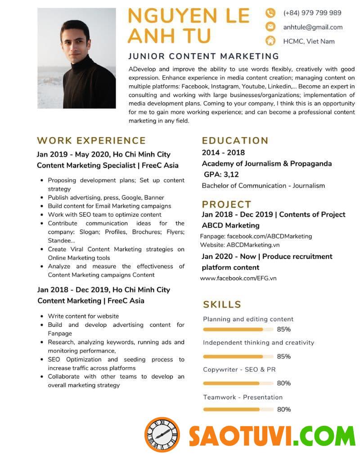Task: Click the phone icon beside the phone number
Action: point(270,13)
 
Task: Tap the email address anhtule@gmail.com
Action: point(313,27)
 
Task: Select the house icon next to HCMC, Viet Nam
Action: point(270,41)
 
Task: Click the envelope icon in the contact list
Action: point(270,27)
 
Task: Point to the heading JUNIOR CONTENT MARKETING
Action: point(203,56)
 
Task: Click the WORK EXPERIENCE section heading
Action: point(91,141)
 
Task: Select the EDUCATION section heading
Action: point(235,140)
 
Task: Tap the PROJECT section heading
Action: point(226,204)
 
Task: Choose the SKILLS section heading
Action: point(222,304)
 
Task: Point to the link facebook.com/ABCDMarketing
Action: point(269,236)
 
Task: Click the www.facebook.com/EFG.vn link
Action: point(238,278)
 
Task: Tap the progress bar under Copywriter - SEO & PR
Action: point(238,384)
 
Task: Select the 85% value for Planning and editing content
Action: point(283,329)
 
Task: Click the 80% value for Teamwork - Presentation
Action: point(283,409)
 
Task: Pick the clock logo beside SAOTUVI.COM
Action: point(162,434)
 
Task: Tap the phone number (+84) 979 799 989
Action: point(312,13)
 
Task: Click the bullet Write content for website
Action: point(83,316)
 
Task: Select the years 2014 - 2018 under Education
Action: point(223,152)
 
